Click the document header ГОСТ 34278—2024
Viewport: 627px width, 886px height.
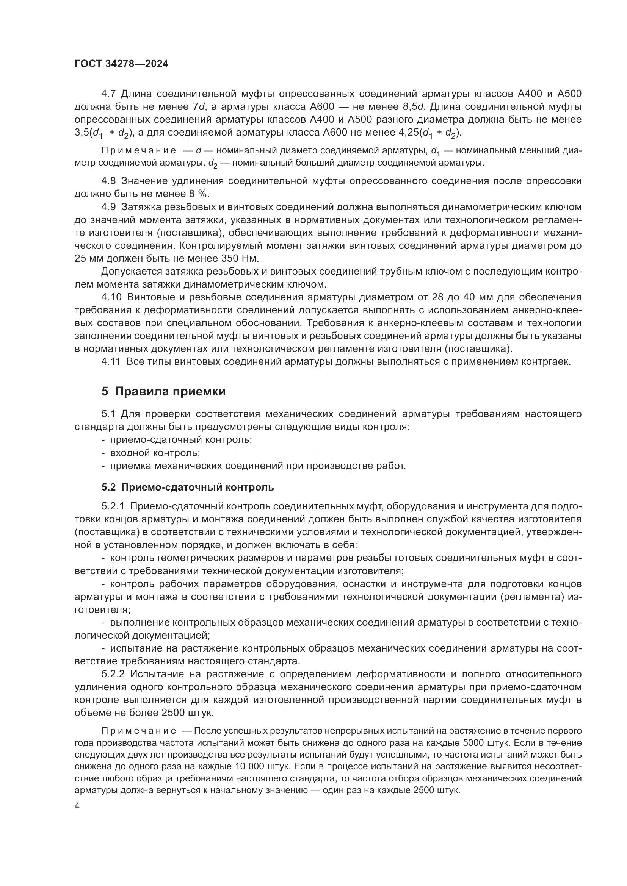pyautogui.click(x=121, y=64)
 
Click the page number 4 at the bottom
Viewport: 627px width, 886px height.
pyautogui.click(x=77, y=806)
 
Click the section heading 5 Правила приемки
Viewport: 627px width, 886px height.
pyautogui.click(x=163, y=392)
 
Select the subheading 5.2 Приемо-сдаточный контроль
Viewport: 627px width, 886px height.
pyautogui.click(x=188, y=488)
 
